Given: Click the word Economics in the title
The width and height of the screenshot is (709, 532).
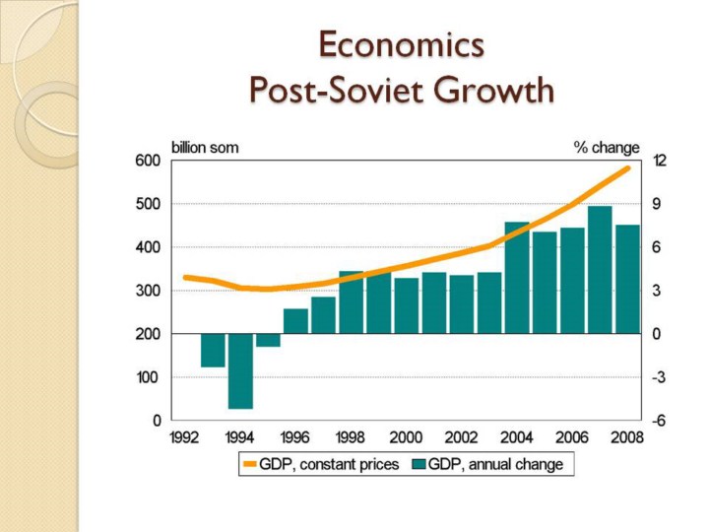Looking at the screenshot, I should [x=401, y=45].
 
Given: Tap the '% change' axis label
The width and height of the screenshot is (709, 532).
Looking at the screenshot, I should [x=607, y=147].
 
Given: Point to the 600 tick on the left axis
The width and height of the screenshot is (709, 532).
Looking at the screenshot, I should [x=149, y=161].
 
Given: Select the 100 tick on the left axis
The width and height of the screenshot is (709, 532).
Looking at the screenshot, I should [x=149, y=377].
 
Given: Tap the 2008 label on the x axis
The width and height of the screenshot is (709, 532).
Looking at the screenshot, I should [x=627, y=437].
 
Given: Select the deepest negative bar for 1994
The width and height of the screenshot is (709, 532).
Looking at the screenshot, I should [x=241, y=371].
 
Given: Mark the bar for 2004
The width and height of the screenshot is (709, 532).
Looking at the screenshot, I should [x=517, y=278].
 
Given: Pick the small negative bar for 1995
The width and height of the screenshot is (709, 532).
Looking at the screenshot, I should [x=268, y=340].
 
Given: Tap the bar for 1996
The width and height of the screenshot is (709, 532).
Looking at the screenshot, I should [x=295, y=321].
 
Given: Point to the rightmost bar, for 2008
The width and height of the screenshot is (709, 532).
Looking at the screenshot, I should [x=627, y=279].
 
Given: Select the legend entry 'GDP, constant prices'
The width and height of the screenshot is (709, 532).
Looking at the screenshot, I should [x=321, y=464].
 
